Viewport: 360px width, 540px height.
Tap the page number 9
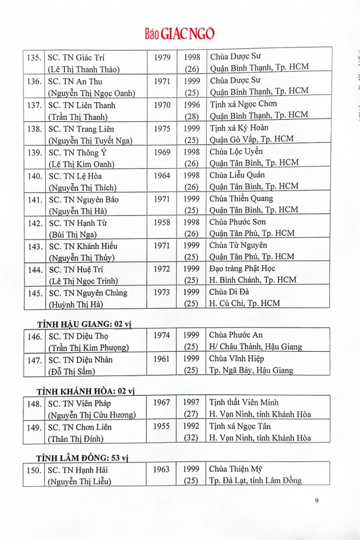click(x=316, y=500)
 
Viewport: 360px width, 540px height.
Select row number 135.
click(x=35, y=57)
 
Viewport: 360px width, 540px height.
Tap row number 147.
click(x=35, y=360)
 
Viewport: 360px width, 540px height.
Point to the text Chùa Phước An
click(x=235, y=335)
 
